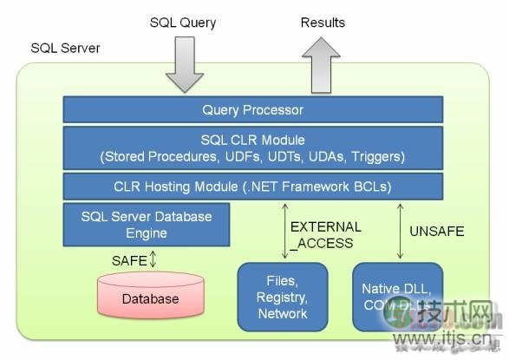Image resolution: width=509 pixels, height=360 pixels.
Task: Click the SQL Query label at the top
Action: click(x=183, y=23)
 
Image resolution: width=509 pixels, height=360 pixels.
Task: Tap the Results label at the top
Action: click(x=323, y=23)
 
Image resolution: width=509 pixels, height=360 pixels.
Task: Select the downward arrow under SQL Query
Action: click(x=183, y=65)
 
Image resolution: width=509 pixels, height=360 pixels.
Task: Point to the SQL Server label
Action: click(x=65, y=48)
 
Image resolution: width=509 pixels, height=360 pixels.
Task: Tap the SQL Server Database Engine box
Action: click(x=146, y=224)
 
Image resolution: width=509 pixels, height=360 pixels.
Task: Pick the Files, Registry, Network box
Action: click(x=283, y=298)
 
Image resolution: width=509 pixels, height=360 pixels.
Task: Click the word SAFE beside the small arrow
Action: click(x=128, y=259)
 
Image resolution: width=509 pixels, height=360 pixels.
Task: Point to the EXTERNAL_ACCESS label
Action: click(x=325, y=235)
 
